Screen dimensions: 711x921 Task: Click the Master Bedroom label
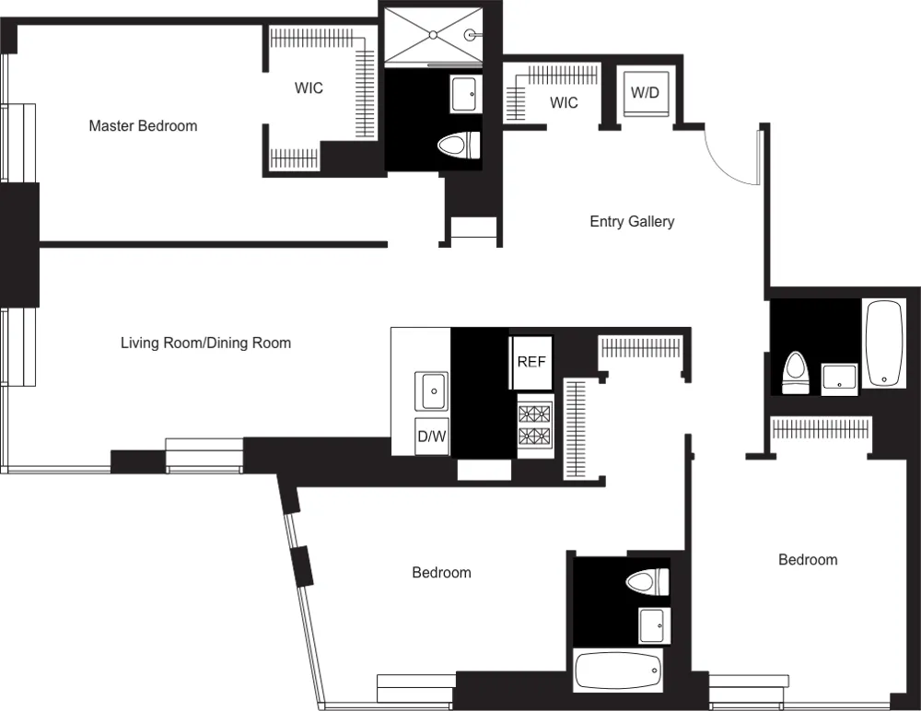pyautogui.click(x=143, y=125)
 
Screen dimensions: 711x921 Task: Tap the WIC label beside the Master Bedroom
pyautogui.click(x=309, y=88)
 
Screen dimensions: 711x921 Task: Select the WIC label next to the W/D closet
pyautogui.click(x=564, y=102)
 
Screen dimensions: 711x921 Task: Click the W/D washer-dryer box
pyautogui.click(x=645, y=93)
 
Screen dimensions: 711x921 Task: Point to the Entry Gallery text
pyautogui.click(x=632, y=221)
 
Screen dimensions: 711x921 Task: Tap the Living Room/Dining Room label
pyautogui.click(x=205, y=343)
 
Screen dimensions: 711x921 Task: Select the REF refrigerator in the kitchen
pyautogui.click(x=531, y=361)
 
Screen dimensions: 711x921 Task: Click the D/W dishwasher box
pyautogui.click(x=432, y=437)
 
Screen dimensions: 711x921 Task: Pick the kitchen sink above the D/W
pyautogui.click(x=432, y=390)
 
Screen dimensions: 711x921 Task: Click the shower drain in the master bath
pyautogui.click(x=432, y=35)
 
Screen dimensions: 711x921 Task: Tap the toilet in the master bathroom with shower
pyautogui.click(x=460, y=145)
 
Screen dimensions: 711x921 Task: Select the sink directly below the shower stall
pyautogui.click(x=465, y=93)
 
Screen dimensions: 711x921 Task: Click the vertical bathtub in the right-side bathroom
pyautogui.click(x=885, y=342)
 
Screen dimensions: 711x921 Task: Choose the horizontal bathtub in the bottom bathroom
pyautogui.click(x=618, y=671)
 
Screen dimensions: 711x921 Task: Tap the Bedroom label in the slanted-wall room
pyautogui.click(x=441, y=572)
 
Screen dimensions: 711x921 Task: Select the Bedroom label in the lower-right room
pyautogui.click(x=808, y=559)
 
